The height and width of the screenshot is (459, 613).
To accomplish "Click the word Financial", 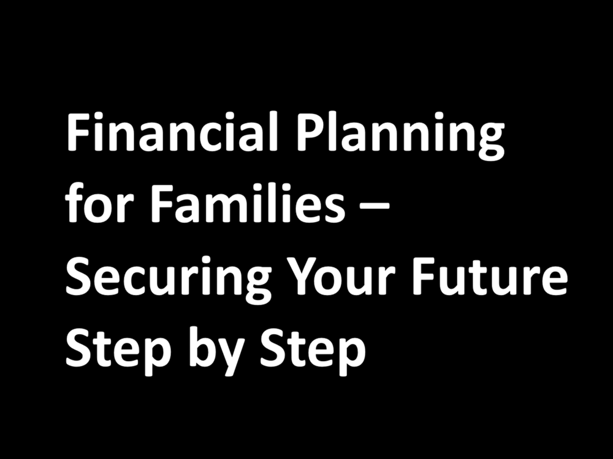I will click(x=165, y=133).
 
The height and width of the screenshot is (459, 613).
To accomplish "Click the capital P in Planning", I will click(x=310, y=133).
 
